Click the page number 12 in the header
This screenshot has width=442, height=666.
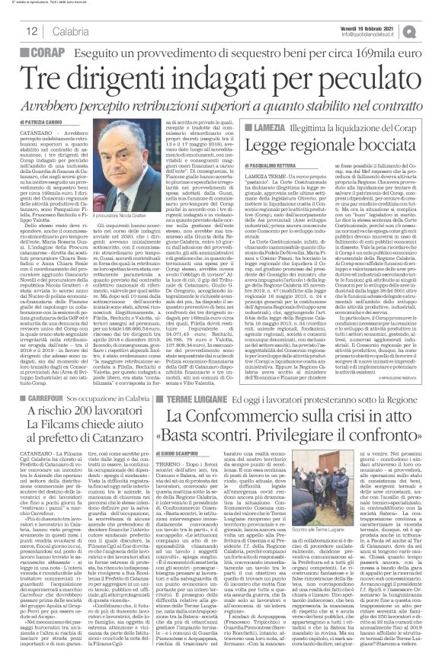click(32, 30)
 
